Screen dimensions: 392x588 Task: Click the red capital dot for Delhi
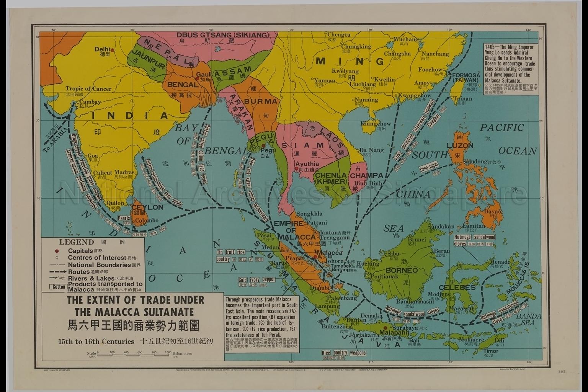coord(113,50)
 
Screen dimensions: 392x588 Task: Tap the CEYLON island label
coord(147,207)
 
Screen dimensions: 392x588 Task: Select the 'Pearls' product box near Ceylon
coord(124,218)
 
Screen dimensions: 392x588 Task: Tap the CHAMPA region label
coord(366,175)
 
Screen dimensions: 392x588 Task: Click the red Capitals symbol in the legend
coord(57,251)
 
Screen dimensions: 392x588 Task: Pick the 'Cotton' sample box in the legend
coord(59,286)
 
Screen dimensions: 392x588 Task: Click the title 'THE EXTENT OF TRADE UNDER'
coord(136,300)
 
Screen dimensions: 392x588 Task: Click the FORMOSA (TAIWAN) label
coord(466,78)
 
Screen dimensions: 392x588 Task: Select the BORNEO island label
coord(401,270)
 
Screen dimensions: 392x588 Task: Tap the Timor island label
coord(491,351)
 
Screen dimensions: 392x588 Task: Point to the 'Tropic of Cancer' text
coord(88,89)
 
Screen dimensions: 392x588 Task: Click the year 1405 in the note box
coord(491,47)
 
